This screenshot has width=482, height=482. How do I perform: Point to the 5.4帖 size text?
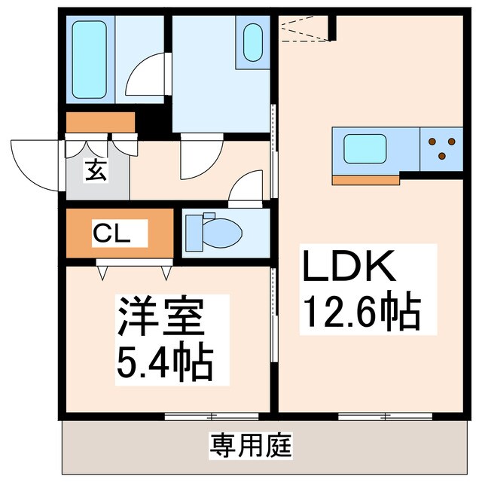(x=163, y=362)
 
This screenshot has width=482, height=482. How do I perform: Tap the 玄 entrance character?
(x=95, y=171)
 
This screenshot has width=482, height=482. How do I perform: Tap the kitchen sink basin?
(x=365, y=148)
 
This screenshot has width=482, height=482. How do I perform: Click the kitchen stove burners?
(x=441, y=148)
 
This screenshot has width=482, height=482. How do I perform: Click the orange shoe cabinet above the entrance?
(x=99, y=122)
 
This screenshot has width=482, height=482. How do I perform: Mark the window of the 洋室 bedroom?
(x=212, y=416)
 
